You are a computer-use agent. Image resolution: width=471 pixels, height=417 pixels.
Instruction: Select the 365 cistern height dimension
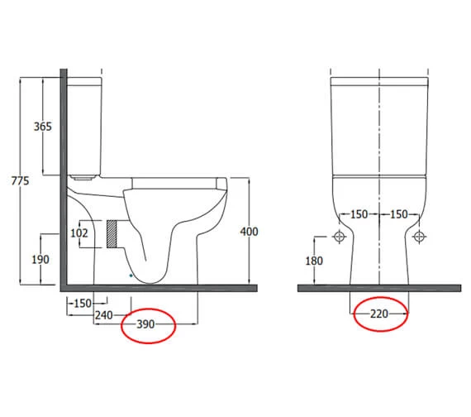point(43,127)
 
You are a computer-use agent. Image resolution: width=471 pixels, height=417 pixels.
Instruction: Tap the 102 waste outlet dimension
point(79,232)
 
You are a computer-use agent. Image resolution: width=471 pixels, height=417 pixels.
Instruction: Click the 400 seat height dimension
point(249,232)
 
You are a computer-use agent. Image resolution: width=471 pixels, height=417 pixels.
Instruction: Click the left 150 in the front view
point(358,214)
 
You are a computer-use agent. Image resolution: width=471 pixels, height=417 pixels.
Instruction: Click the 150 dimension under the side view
point(81,303)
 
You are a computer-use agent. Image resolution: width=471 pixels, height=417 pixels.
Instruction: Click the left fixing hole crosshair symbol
point(338,237)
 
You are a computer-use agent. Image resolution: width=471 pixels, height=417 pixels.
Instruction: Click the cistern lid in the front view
point(379,82)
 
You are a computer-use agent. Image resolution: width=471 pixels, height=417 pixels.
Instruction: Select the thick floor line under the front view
point(379,287)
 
